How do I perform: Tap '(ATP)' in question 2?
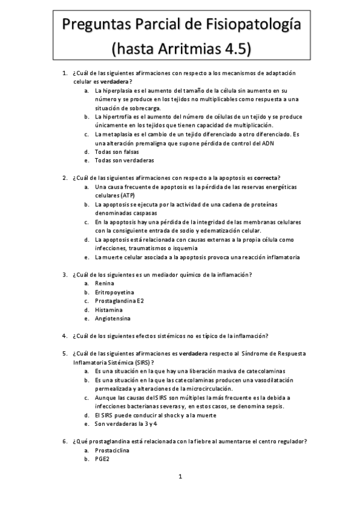(127, 196)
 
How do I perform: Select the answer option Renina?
(105, 283)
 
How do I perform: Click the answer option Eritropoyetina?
(114, 292)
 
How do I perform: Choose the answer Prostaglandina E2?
(119, 301)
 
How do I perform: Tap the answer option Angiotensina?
(112, 318)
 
